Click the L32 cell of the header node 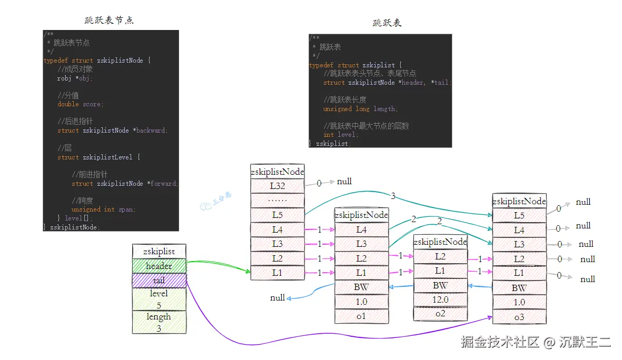pyautogui.click(x=277, y=186)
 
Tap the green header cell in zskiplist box pyautogui.click(x=159, y=266)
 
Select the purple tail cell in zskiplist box pyautogui.click(x=159, y=281)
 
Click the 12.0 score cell pyautogui.click(x=440, y=299)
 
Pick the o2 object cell pyautogui.click(x=440, y=314)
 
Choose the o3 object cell pyautogui.click(x=519, y=316)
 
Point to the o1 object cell pyautogui.click(x=361, y=316)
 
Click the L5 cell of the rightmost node pyautogui.click(x=519, y=215)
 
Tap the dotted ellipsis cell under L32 pyautogui.click(x=277, y=201)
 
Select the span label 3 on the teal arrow pyautogui.click(x=393, y=196)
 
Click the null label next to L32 pyautogui.click(x=344, y=182)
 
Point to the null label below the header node pyautogui.click(x=278, y=298)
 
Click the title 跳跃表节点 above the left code pyautogui.click(x=109, y=20)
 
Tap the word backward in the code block pyautogui.click(x=151, y=131)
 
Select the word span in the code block pyautogui.click(x=126, y=209)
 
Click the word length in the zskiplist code pyautogui.click(x=384, y=109)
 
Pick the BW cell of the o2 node pyautogui.click(x=440, y=285)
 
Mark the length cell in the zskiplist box pyautogui.click(x=159, y=322)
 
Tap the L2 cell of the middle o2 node pyautogui.click(x=440, y=256)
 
